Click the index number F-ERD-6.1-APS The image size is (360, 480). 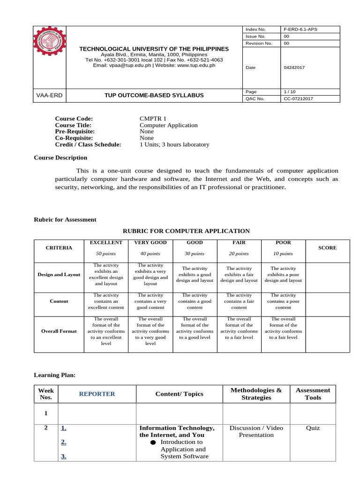(300, 30)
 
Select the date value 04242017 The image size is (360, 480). (294, 67)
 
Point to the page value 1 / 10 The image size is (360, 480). (290, 91)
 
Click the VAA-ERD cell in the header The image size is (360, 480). (49, 96)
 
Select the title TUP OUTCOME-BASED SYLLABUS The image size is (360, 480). (154, 96)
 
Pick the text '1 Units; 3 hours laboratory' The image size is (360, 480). (174, 145)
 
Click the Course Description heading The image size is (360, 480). (60, 158)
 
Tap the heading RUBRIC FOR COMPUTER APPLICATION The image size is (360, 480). (186, 231)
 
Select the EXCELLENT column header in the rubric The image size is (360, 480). (106, 243)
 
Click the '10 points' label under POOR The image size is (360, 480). (283, 254)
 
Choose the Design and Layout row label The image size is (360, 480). (59, 275)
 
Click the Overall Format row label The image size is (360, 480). (59, 331)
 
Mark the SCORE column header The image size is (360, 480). (327, 248)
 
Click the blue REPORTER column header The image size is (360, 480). (97, 394)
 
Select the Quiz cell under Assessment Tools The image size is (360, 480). (313, 428)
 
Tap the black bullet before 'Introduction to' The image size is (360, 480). (153, 442)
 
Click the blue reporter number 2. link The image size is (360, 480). (63, 442)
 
